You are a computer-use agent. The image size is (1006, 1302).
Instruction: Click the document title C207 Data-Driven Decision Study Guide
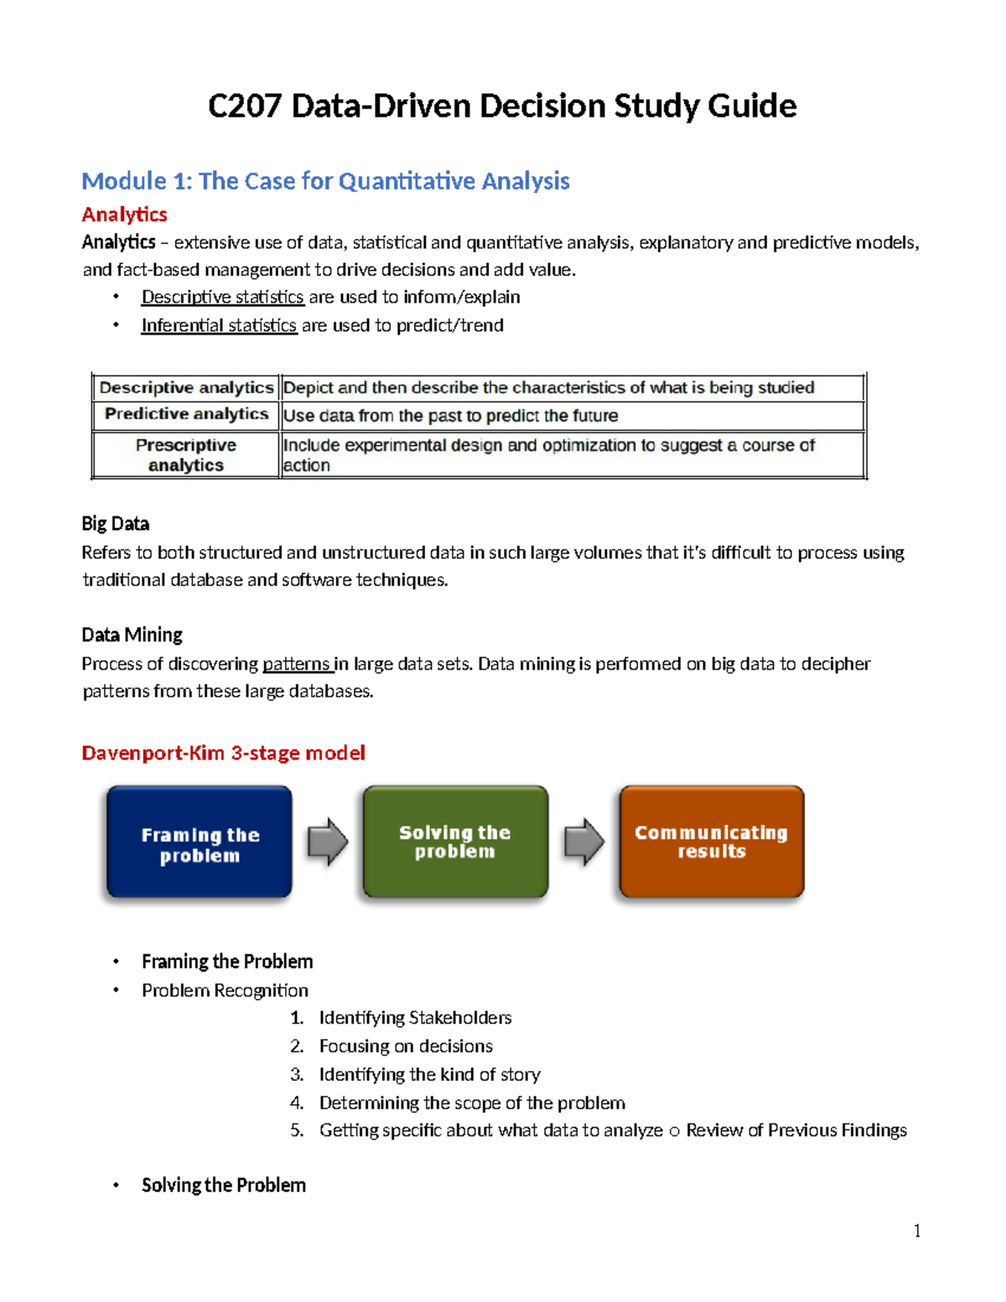pyautogui.click(x=502, y=106)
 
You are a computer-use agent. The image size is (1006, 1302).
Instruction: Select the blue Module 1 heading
pyautogui.click(x=325, y=181)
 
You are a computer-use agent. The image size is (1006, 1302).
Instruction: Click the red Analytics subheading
pyautogui.click(x=124, y=215)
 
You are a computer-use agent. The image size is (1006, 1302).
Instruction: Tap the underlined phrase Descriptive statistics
pyautogui.click(x=222, y=297)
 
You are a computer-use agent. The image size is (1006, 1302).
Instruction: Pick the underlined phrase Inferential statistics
pyautogui.click(x=219, y=325)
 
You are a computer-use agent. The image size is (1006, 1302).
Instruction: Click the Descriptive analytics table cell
pyautogui.click(x=186, y=387)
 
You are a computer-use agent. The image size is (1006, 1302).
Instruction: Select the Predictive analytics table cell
pyautogui.click(x=186, y=414)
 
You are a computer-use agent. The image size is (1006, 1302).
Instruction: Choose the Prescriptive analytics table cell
pyautogui.click(x=186, y=454)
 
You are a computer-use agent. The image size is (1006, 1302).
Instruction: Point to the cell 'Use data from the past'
pyautogui.click(x=450, y=416)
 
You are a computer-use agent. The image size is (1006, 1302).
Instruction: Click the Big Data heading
pyautogui.click(x=116, y=524)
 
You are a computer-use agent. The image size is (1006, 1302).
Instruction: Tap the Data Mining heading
pyautogui.click(x=132, y=635)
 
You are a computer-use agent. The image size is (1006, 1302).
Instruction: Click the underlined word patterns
pyautogui.click(x=297, y=664)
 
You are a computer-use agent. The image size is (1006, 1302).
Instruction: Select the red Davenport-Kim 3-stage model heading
pyautogui.click(x=223, y=753)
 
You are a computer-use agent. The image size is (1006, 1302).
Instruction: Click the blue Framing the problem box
pyautogui.click(x=200, y=842)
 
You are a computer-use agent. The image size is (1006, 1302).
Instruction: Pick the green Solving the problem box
pyautogui.click(x=455, y=842)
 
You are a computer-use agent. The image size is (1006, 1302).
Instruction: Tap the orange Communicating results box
pyautogui.click(x=711, y=842)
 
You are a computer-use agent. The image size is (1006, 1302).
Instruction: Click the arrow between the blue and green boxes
pyautogui.click(x=328, y=842)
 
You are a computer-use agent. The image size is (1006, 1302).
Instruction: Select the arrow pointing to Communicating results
pyautogui.click(x=583, y=842)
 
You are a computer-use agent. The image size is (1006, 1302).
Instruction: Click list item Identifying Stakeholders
pyautogui.click(x=415, y=1018)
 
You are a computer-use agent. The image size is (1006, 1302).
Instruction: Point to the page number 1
pyautogui.click(x=917, y=1231)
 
